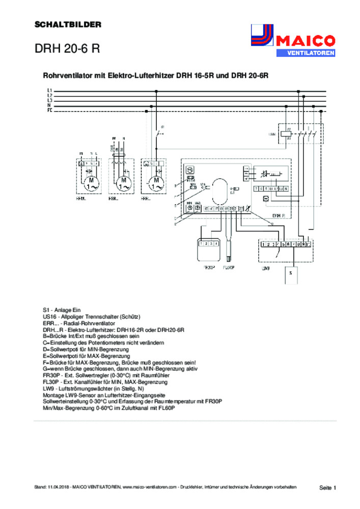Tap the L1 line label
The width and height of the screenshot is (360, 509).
[49, 91]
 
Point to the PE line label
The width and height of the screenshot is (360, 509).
[49, 110]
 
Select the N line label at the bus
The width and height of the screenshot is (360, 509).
[49, 105]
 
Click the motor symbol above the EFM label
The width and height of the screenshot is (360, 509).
[91, 183]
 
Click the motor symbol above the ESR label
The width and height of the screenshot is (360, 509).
[123, 183]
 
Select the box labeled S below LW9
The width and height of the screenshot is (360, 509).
[291, 273]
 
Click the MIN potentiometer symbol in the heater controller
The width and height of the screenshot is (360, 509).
[189, 208]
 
